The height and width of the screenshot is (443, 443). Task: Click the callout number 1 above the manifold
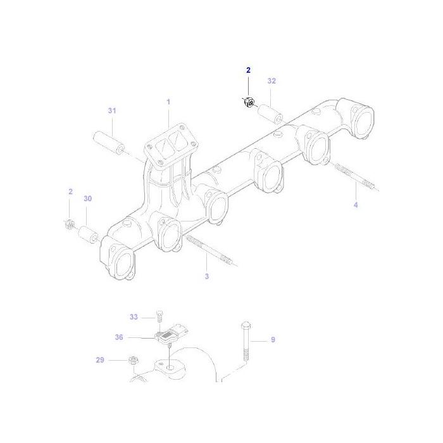(168, 101)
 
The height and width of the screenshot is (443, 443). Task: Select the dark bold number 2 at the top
(248, 70)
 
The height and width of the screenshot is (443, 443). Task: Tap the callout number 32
(271, 81)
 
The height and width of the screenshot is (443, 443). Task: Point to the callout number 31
(112, 111)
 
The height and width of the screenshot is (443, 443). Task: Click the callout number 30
(87, 198)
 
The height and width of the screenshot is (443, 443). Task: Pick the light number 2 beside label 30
(70, 191)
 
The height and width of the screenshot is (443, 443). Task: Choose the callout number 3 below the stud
(206, 277)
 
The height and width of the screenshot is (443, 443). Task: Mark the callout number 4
(356, 204)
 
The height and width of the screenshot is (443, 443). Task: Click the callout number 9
(273, 340)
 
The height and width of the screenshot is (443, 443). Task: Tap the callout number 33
(134, 316)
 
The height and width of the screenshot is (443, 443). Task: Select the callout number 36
(119, 337)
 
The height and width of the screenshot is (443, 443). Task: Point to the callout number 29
(100, 360)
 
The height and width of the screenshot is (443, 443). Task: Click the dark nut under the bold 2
(249, 102)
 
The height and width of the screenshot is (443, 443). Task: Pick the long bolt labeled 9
(244, 345)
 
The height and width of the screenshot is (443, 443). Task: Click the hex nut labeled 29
(134, 360)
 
